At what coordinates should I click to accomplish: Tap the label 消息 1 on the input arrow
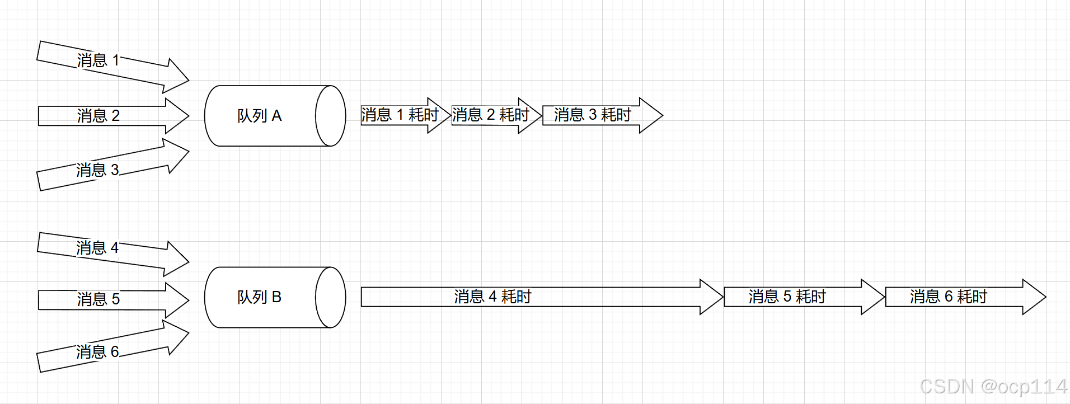tap(98, 60)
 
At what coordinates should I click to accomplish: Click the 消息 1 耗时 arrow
tap(400, 115)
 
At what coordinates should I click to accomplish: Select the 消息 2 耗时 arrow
tap(491, 115)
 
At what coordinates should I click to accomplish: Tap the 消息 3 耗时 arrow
tap(593, 115)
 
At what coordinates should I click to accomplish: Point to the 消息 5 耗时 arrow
tap(787, 297)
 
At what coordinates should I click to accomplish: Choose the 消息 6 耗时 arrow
tap(949, 297)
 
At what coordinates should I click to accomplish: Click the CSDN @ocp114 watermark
tap(993, 387)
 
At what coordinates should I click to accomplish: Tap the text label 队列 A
tap(260, 116)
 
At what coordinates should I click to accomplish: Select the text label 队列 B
tap(260, 297)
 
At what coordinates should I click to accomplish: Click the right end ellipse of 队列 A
tap(331, 116)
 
